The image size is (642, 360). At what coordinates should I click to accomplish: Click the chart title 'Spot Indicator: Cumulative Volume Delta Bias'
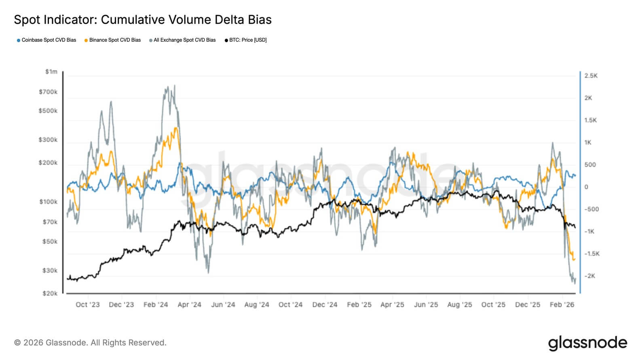click(x=143, y=20)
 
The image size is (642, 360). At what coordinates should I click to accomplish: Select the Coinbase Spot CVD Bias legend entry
click(x=46, y=40)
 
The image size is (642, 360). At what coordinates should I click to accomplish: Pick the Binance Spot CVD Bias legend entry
click(x=113, y=40)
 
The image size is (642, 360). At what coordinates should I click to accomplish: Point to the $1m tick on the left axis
click(x=51, y=72)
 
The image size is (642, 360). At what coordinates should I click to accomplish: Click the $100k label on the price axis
click(x=49, y=202)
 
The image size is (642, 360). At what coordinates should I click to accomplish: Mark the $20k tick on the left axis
click(x=50, y=293)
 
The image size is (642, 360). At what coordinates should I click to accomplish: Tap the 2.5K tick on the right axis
click(x=591, y=76)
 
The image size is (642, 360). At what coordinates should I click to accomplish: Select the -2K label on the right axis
click(x=590, y=276)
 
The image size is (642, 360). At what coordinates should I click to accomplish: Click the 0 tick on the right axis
click(x=586, y=187)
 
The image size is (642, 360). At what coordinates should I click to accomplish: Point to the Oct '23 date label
click(x=88, y=305)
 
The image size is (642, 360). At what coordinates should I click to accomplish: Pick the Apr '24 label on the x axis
click(x=189, y=305)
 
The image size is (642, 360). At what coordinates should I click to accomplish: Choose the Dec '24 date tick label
click(x=325, y=305)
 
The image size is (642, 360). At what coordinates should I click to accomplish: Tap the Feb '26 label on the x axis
click(x=562, y=305)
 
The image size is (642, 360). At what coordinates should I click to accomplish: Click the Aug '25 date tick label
click(x=460, y=305)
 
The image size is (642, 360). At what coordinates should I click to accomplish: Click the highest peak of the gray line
click(x=174, y=85)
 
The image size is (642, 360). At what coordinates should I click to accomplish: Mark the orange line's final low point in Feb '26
click(x=574, y=260)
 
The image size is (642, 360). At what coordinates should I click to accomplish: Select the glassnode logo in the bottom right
click(x=587, y=343)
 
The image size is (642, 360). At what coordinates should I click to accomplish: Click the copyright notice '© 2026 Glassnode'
click(x=90, y=343)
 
